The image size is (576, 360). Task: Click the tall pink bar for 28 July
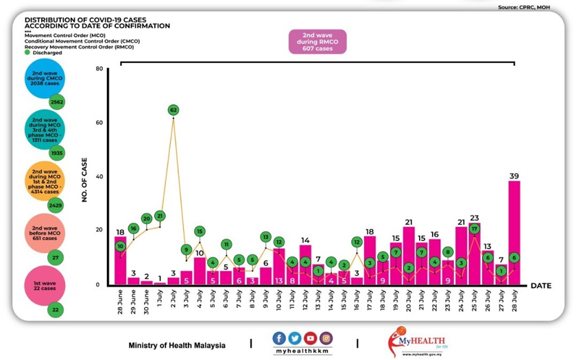[514, 233]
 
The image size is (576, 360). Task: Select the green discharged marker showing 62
[173, 110]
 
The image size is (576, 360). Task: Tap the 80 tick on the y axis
[99, 69]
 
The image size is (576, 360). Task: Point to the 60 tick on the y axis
[99, 123]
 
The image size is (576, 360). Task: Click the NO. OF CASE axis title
[86, 177]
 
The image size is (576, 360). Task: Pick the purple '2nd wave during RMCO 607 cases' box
[317, 41]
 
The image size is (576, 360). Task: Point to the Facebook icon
[279, 338]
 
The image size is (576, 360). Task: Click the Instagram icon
[326, 338]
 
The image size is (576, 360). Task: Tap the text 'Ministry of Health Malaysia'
[177, 345]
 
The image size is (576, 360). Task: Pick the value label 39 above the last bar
[514, 176]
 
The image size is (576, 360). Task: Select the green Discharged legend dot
[27, 52]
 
